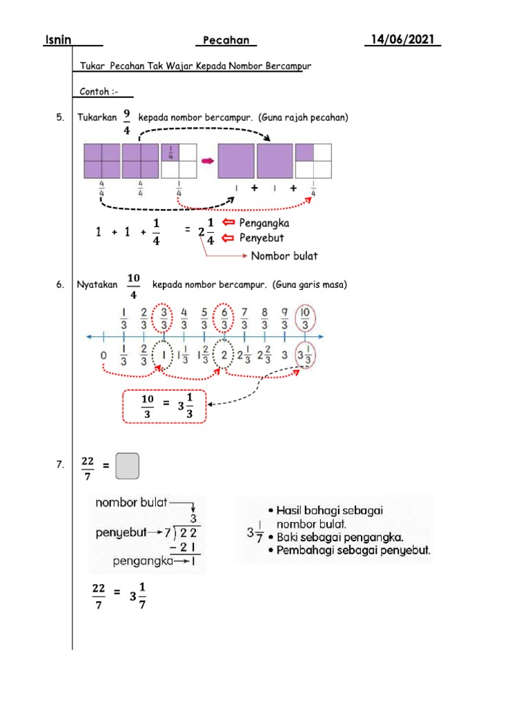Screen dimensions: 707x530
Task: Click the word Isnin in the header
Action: click(x=57, y=41)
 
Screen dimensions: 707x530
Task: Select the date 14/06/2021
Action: click(x=403, y=40)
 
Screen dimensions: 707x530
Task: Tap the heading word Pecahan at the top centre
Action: click(x=226, y=41)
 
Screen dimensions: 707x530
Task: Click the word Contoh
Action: click(x=95, y=92)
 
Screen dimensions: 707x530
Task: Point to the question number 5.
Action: click(x=60, y=118)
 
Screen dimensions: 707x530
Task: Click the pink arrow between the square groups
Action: click(x=207, y=161)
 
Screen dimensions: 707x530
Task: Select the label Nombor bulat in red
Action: click(x=284, y=255)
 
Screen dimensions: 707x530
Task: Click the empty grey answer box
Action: click(x=128, y=466)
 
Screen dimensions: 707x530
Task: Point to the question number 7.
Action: click(x=60, y=467)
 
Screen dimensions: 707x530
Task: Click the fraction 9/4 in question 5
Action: click(x=127, y=119)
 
